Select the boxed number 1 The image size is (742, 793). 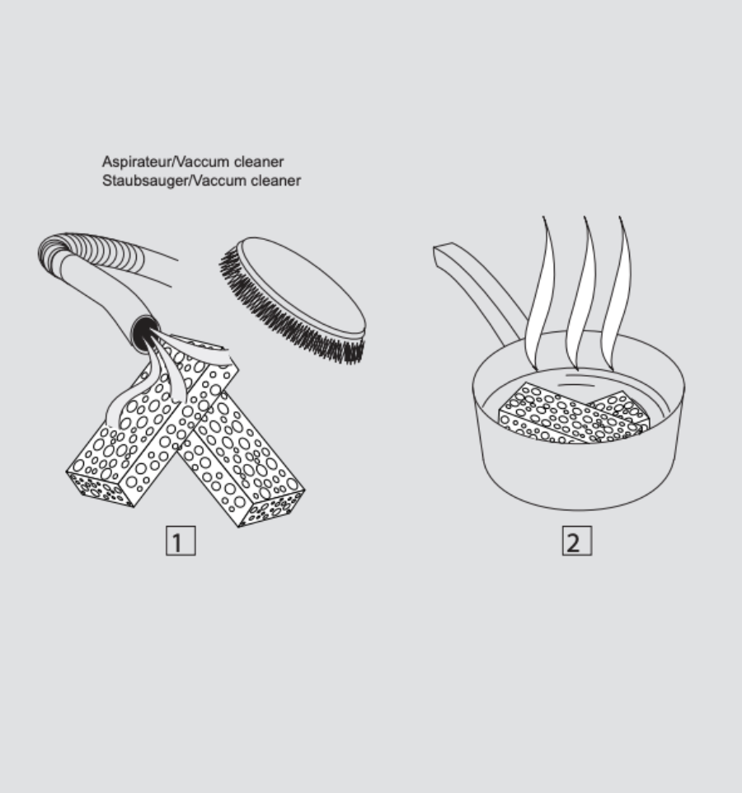point(181,541)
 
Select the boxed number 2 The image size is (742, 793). point(576,541)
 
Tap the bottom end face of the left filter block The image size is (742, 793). point(100,489)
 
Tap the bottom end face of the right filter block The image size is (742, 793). point(272,509)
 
